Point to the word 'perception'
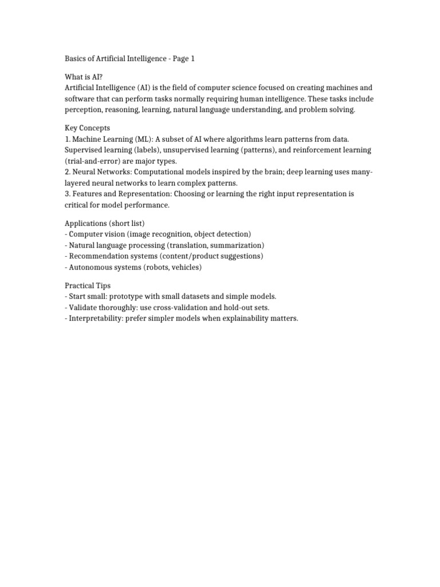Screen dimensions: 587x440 pyautogui.click(x=83, y=109)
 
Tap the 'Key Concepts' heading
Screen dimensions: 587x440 pyautogui.click(x=87, y=128)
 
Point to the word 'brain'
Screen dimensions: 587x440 pyautogui.click(x=268, y=172)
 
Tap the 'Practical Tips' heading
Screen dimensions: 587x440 pyautogui.click(x=88, y=285)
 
